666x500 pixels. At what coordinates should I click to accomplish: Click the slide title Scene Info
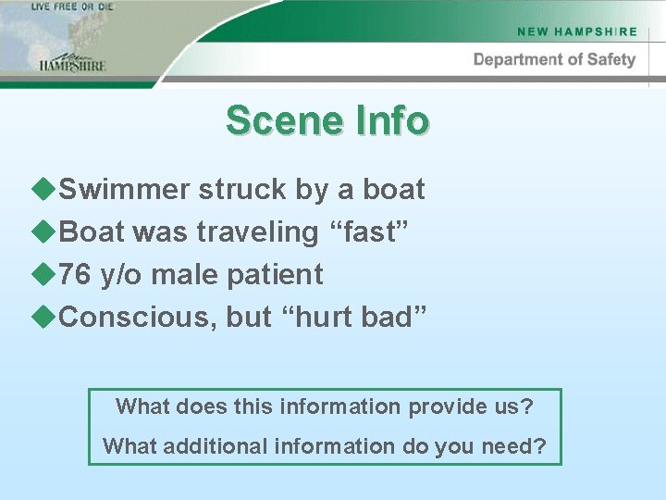(327, 121)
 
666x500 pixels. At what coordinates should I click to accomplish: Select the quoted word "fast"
(374, 231)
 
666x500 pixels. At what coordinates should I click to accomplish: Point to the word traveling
(257, 232)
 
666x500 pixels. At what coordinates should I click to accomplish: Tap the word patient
(278, 274)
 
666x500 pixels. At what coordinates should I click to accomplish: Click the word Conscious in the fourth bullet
(138, 317)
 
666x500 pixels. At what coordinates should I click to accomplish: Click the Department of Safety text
(554, 59)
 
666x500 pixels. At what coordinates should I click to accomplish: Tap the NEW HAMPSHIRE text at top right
(577, 31)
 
